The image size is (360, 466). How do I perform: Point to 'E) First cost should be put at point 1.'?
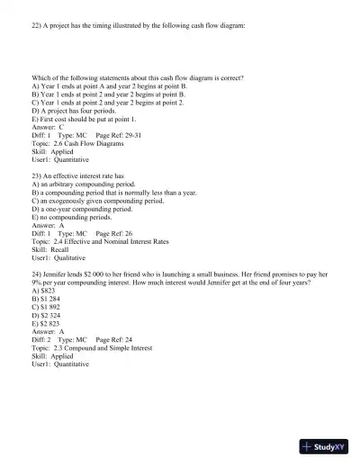coord(85,119)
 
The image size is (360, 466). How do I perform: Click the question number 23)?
coord(38,176)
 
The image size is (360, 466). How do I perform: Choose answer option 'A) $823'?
coord(43,291)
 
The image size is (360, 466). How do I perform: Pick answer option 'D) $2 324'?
coord(47,315)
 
